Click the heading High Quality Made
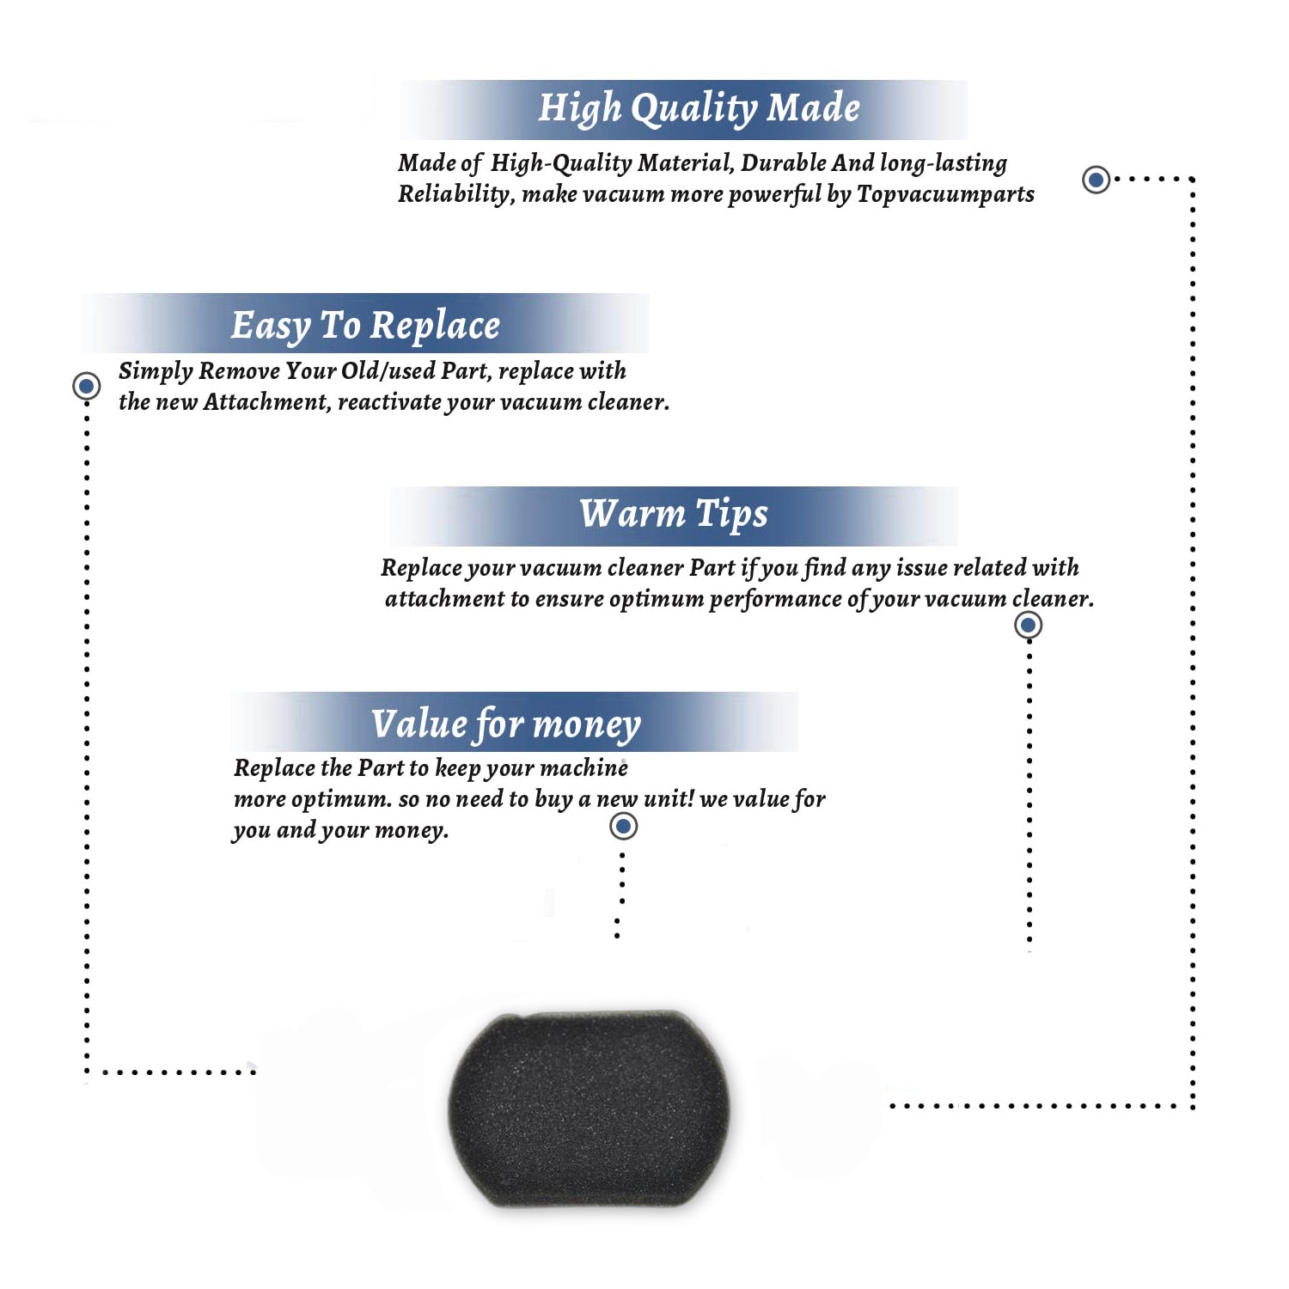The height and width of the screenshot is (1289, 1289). (699, 109)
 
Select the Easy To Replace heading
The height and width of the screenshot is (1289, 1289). (365, 327)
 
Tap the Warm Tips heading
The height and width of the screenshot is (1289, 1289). (674, 515)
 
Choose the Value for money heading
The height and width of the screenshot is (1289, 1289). (506, 724)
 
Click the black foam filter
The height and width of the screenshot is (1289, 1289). (589, 1109)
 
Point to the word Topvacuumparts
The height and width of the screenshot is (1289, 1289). (945, 195)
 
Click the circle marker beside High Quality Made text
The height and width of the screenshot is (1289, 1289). (1096, 180)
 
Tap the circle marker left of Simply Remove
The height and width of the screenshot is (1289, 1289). (86, 386)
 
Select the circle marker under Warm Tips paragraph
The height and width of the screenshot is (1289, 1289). (1028, 625)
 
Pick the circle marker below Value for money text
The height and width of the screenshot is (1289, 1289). (623, 827)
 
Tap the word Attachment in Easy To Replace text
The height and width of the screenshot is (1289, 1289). (266, 402)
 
